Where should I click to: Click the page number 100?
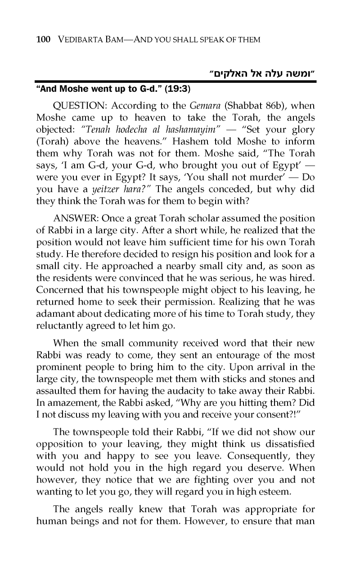pyautogui.click(x=43, y=40)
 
